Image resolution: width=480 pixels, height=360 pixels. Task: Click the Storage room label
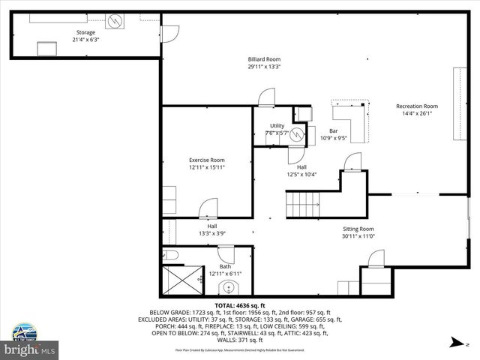85,33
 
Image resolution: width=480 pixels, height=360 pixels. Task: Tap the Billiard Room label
264,58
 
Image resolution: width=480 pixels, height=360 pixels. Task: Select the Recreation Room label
417,106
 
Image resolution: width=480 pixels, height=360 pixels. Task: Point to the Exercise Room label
206,160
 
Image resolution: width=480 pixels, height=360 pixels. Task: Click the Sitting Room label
357,229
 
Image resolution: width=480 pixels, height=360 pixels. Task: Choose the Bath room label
225,266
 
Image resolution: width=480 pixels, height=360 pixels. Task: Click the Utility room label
277,126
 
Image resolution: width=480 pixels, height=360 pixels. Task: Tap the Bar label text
334,130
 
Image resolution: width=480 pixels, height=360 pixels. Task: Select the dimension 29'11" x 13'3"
264,66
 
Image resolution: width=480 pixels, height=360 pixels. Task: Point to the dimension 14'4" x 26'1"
417,114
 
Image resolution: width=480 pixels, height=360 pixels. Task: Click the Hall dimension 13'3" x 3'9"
212,233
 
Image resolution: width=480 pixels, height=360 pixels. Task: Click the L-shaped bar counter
352,124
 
